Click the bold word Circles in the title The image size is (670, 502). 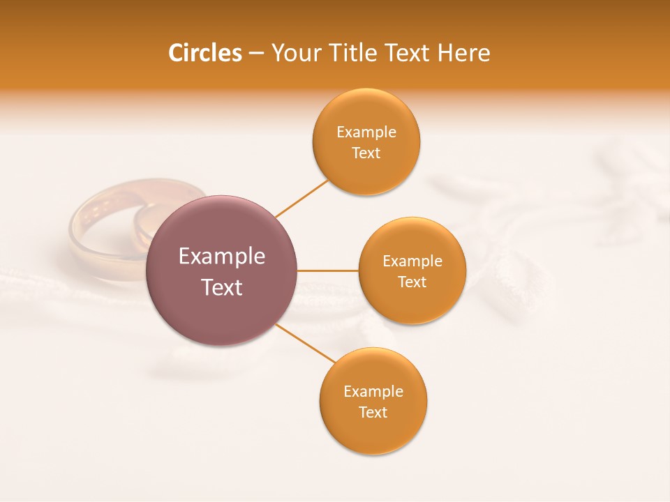click(x=205, y=53)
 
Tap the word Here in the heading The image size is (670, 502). click(x=465, y=53)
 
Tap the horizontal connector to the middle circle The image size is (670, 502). click(x=328, y=271)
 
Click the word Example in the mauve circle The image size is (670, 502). click(x=222, y=257)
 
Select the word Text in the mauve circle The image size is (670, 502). click(x=222, y=287)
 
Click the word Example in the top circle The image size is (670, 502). click(x=366, y=132)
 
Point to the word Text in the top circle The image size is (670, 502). click(x=366, y=153)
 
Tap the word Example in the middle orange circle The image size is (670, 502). click(x=412, y=261)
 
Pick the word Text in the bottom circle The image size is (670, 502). click(x=373, y=413)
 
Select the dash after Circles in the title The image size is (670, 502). click(x=256, y=54)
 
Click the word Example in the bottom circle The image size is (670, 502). click(x=373, y=392)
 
